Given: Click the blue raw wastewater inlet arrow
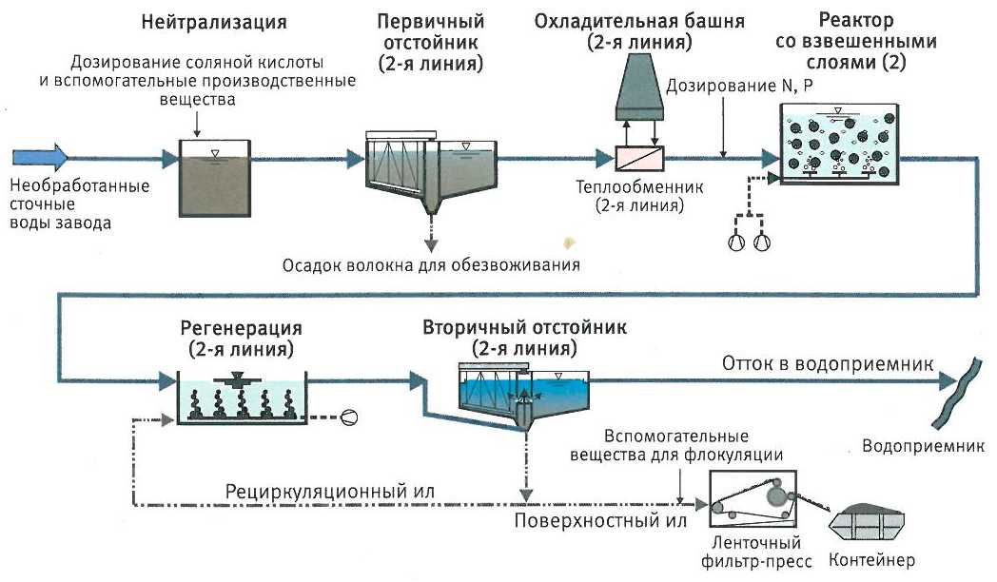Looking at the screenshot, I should pyautogui.click(x=39, y=156).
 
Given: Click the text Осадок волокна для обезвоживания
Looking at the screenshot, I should pyautogui.click(x=431, y=263).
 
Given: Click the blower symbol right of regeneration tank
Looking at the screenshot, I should pyautogui.click(x=350, y=415).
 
